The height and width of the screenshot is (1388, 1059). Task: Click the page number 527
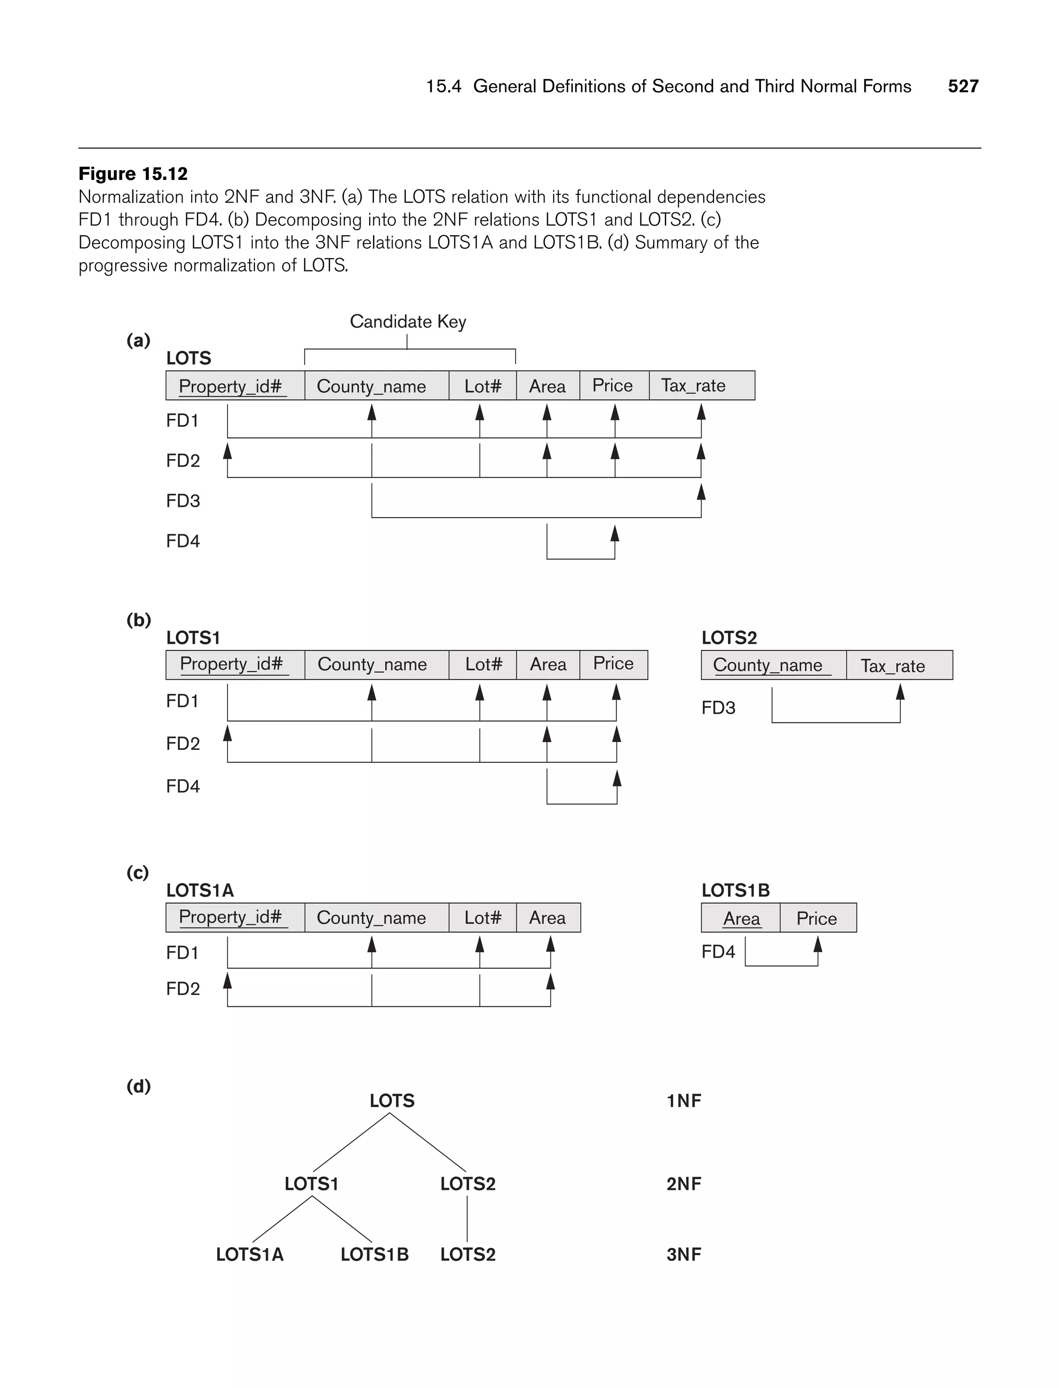click(x=962, y=86)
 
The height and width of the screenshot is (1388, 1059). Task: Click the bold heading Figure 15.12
click(x=133, y=173)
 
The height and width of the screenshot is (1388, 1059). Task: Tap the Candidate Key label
click(x=408, y=322)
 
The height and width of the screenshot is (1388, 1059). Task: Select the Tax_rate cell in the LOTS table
click(x=701, y=385)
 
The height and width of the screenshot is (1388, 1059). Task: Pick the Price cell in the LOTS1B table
click(x=817, y=918)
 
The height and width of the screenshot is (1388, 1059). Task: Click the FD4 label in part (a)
click(x=183, y=541)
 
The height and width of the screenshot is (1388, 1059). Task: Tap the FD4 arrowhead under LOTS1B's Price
click(x=818, y=944)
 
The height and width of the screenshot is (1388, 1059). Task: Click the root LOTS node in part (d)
click(x=391, y=1100)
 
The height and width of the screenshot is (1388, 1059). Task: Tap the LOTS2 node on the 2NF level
click(x=468, y=1184)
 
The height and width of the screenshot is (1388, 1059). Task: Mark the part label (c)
click(x=138, y=872)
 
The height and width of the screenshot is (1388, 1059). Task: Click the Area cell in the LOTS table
click(x=547, y=386)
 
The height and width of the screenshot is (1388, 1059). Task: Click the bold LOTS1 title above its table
click(x=193, y=638)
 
